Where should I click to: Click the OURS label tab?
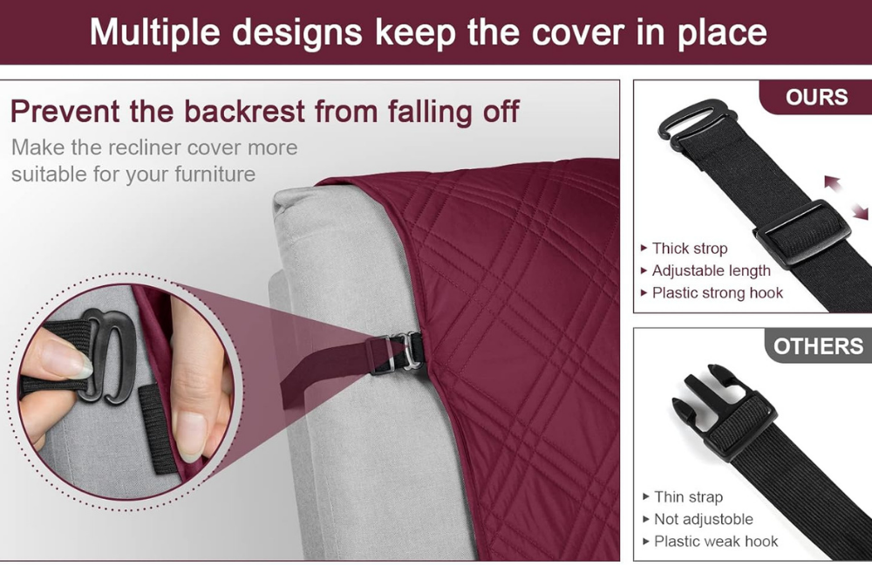(x=816, y=98)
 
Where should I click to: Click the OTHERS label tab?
(x=818, y=346)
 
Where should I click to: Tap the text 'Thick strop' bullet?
(x=690, y=248)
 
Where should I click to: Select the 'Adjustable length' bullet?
(x=712, y=270)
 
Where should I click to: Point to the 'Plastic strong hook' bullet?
(x=718, y=293)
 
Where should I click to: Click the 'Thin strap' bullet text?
(x=689, y=496)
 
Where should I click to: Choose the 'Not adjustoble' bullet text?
(x=704, y=519)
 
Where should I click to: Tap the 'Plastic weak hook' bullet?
(x=716, y=541)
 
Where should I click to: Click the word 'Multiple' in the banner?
(x=154, y=32)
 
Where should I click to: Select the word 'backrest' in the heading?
(x=244, y=112)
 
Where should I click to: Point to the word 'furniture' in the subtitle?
(x=215, y=174)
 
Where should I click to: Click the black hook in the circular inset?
(x=109, y=356)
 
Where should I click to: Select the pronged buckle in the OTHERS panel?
(x=724, y=411)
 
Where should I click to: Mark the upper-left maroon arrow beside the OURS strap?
(x=833, y=182)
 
